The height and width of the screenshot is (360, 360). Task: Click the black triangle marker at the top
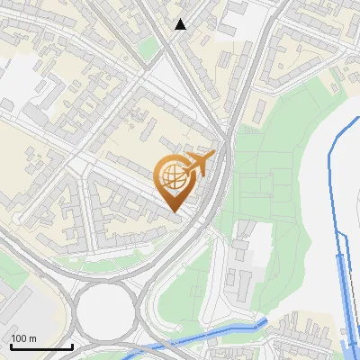click(x=181, y=24)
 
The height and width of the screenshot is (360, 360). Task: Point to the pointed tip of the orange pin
click(x=175, y=211)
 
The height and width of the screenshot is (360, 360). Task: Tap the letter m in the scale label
click(x=33, y=337)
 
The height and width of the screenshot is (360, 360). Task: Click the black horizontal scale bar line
click(x=41, y=346)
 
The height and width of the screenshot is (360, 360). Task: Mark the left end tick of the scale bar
click(x=11, y=345)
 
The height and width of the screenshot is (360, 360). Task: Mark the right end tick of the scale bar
click(x=72, y=345)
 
